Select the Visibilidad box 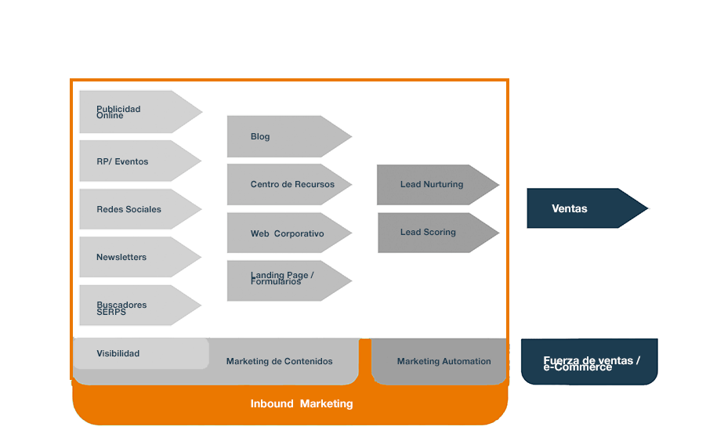pos(141,353)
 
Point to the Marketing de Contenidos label pos(279,361)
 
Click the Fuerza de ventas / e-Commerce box pos(589,362)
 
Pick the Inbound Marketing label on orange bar pos(302,404)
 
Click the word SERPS pos(111,312)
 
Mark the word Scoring pos(440,233)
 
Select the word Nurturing pos(444,185)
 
